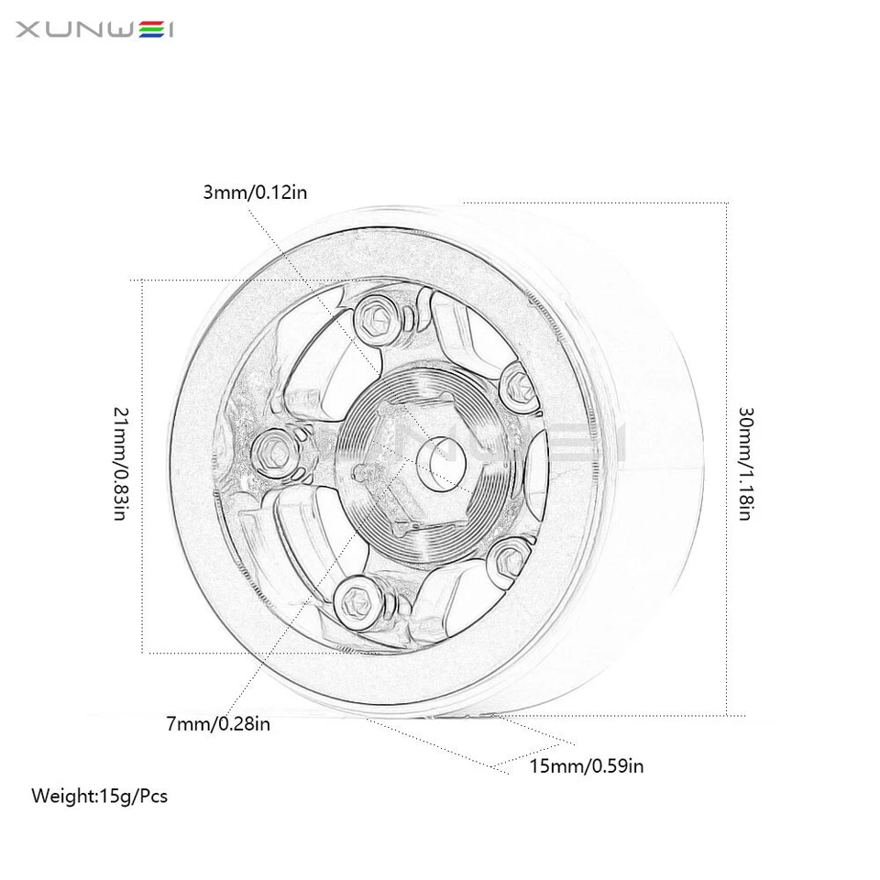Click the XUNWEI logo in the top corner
tap(95, 30)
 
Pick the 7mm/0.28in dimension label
tap(218, 724)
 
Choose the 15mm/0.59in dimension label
tap(587, 765)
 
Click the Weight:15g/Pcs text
tap(100, 796)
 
